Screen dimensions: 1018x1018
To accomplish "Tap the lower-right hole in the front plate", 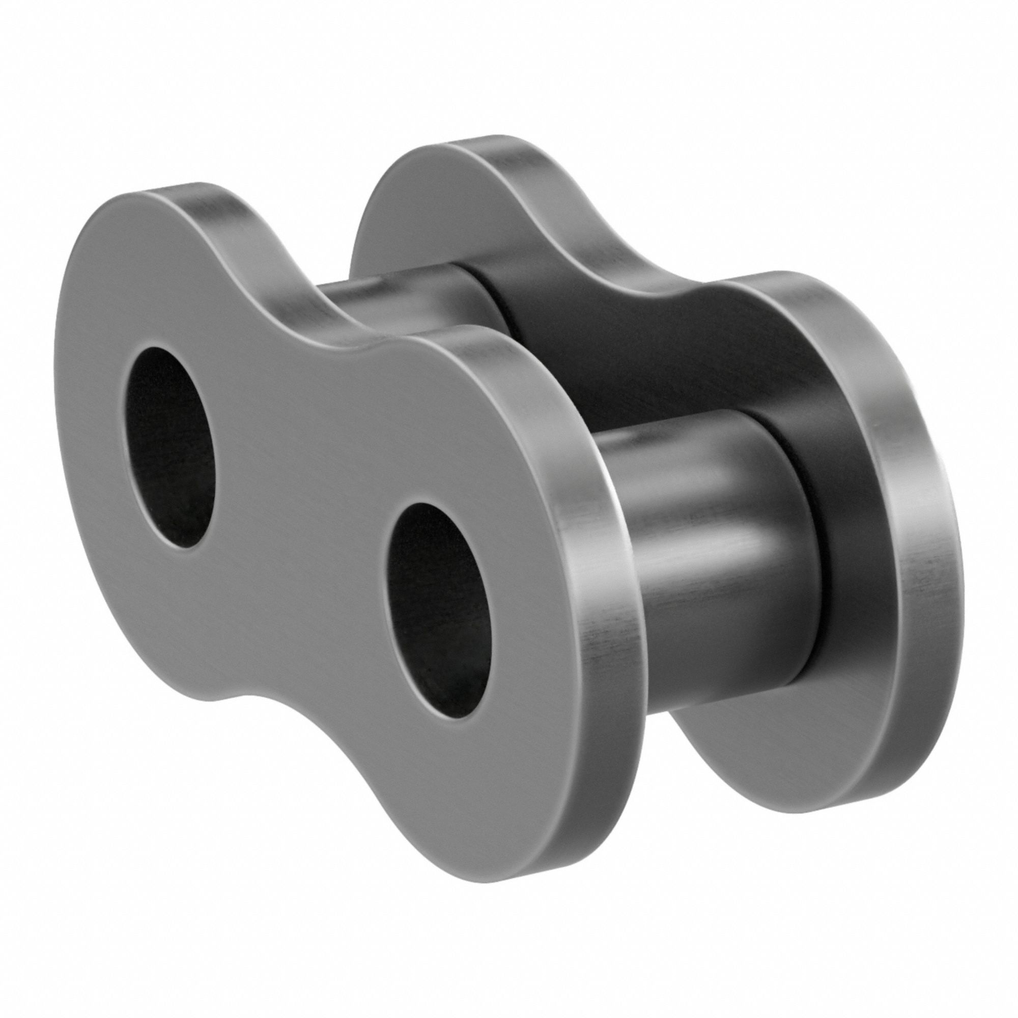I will (436, 583).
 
